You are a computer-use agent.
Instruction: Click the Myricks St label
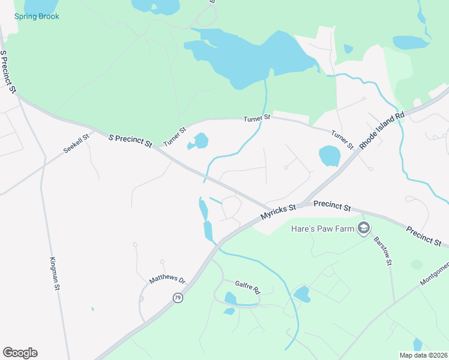[279, 211]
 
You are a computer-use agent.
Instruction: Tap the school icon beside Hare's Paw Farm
[363, 228]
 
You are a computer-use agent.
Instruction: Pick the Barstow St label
[383, 251]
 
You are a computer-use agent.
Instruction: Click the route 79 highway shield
[178, 298]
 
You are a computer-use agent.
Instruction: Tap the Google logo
[20, 353]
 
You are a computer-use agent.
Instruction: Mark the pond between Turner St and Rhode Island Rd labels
[330, 156]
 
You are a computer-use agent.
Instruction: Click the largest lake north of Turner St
[252, 57]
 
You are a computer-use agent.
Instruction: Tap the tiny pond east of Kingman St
[92, 309]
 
